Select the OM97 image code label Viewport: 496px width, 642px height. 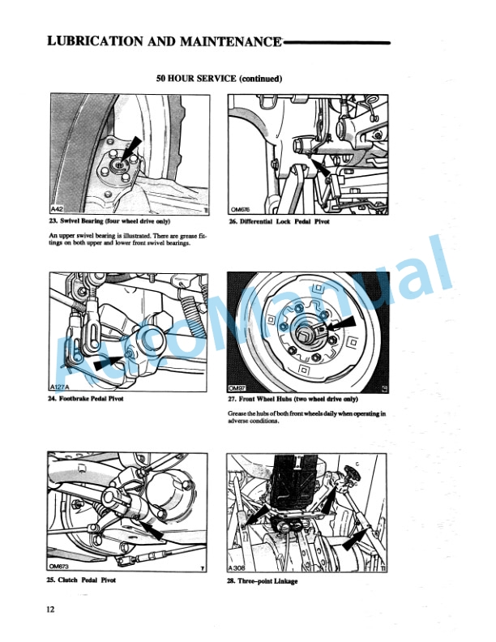(237, 388)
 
